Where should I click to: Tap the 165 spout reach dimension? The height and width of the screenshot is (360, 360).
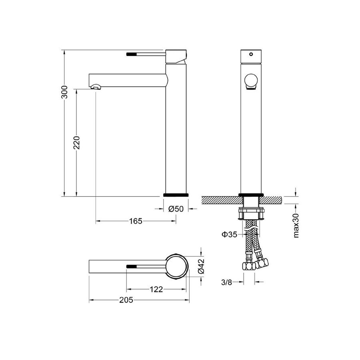(x=136, y=221)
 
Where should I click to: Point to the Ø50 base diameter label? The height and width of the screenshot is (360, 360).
(x=176, y=209)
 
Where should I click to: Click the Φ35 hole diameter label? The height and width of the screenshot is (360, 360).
(x=229, y=234)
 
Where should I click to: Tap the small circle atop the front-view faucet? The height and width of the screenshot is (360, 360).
(x=251, y=53)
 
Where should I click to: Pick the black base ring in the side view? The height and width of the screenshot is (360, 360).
(x=176, y=195)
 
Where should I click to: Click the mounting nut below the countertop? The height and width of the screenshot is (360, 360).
(x=251, y=214)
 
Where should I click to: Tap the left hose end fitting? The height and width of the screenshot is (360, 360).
(x=248, y=266)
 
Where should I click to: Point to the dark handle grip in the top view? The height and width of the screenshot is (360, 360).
(x=132, y=266)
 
